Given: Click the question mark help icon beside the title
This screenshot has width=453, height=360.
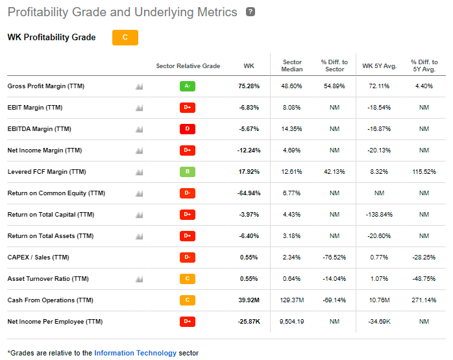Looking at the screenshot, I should tap(251, 12).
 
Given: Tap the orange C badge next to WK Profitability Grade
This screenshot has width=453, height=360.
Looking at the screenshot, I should tap(125, 38).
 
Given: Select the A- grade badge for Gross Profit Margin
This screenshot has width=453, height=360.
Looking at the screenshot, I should tap(188, 86).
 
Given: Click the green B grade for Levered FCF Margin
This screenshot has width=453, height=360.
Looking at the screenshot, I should tap(188, 172).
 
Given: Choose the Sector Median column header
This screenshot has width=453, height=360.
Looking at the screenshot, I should tap(292, 66).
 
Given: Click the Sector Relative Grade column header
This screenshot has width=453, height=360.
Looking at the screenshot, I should tap(188, 66).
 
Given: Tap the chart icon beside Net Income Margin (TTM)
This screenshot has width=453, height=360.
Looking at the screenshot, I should tap(139, 150).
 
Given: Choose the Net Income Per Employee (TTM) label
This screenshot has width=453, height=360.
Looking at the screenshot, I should tap(55, 322).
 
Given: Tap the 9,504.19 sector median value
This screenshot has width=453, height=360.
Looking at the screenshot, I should tap(292, 322).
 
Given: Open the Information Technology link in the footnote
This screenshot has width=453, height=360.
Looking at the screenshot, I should tap(135, 353).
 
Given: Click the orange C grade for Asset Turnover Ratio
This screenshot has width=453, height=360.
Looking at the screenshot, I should tap(188, 279).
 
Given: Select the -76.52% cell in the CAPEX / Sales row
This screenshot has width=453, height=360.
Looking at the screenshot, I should tap(334, 258).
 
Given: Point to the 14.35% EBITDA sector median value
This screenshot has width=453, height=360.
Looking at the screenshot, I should tap(292, 129).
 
